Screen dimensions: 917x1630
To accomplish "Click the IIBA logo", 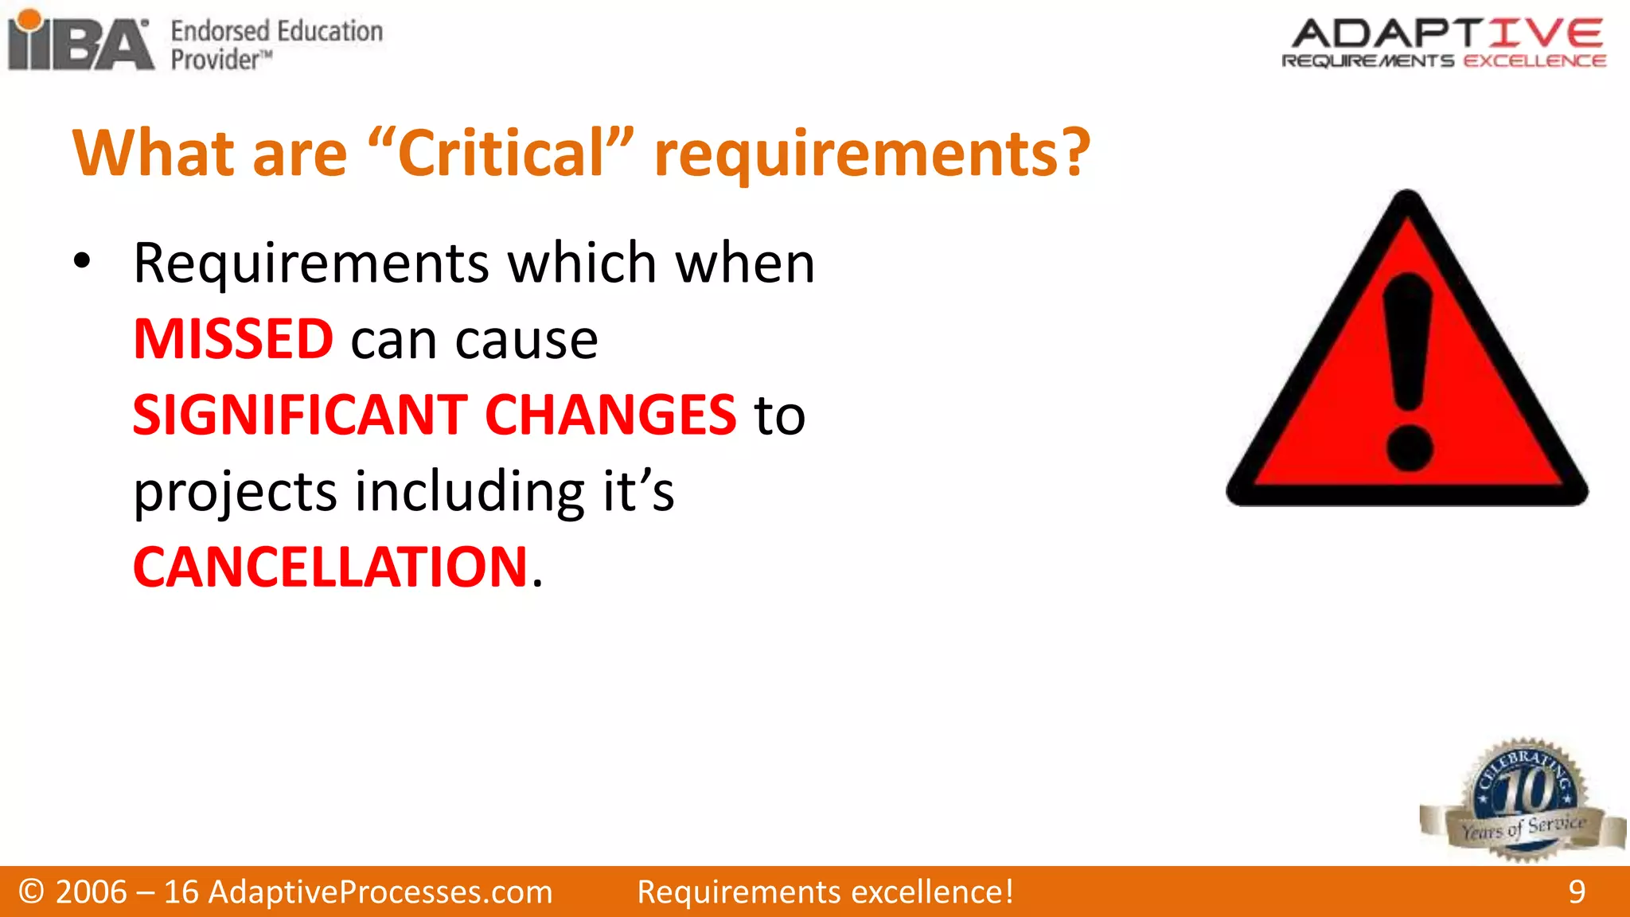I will pos(80,41).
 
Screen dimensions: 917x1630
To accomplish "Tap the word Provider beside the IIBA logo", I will pos(215,60).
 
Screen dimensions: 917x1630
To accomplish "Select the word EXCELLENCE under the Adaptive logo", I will pos(1534,61).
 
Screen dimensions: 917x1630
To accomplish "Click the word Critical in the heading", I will pos(501,153).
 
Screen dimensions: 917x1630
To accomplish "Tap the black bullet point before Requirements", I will pos(82,260).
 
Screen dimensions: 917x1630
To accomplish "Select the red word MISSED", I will pos(233,339).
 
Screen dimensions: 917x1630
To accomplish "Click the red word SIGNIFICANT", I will pos(300,415).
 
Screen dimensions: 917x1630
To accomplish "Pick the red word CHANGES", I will pos(610,415).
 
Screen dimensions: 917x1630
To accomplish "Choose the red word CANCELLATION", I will pos(330,568).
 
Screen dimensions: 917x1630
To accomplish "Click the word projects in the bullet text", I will pos(236,492).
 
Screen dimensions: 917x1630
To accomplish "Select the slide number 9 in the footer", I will pos(1577,892).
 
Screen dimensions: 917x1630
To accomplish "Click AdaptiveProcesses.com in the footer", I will pos(380,892).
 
